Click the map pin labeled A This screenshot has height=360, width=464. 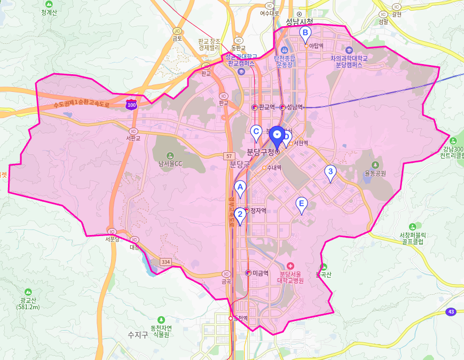tap(240, 187)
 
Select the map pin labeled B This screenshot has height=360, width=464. tap(305, 33)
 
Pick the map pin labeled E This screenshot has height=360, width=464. tap(302, 204)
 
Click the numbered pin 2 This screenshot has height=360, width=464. tap(240, 214)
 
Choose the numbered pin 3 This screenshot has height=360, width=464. tap(331, 172)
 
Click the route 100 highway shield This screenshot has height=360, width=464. tap(131, 105)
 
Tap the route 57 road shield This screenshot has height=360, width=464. tap(230, 155)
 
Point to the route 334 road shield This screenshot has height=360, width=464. tap(166, 262)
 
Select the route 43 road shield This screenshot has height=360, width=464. tap(451, 311)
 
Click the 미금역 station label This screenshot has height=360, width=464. tap(259, 273)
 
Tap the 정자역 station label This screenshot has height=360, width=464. tap(258, 211)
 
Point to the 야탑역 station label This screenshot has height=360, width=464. tap(317, 46)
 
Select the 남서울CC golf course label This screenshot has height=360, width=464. tap(170, 163)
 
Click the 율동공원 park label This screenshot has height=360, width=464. tap(375, 173)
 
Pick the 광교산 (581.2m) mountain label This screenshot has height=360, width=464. tap(28, 303)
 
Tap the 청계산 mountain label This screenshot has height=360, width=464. tap(50, 11)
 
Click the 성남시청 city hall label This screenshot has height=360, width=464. tap(299, 22)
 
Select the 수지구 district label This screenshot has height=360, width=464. tap(137, 335)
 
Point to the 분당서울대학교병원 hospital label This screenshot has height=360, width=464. tap(290, 276)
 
